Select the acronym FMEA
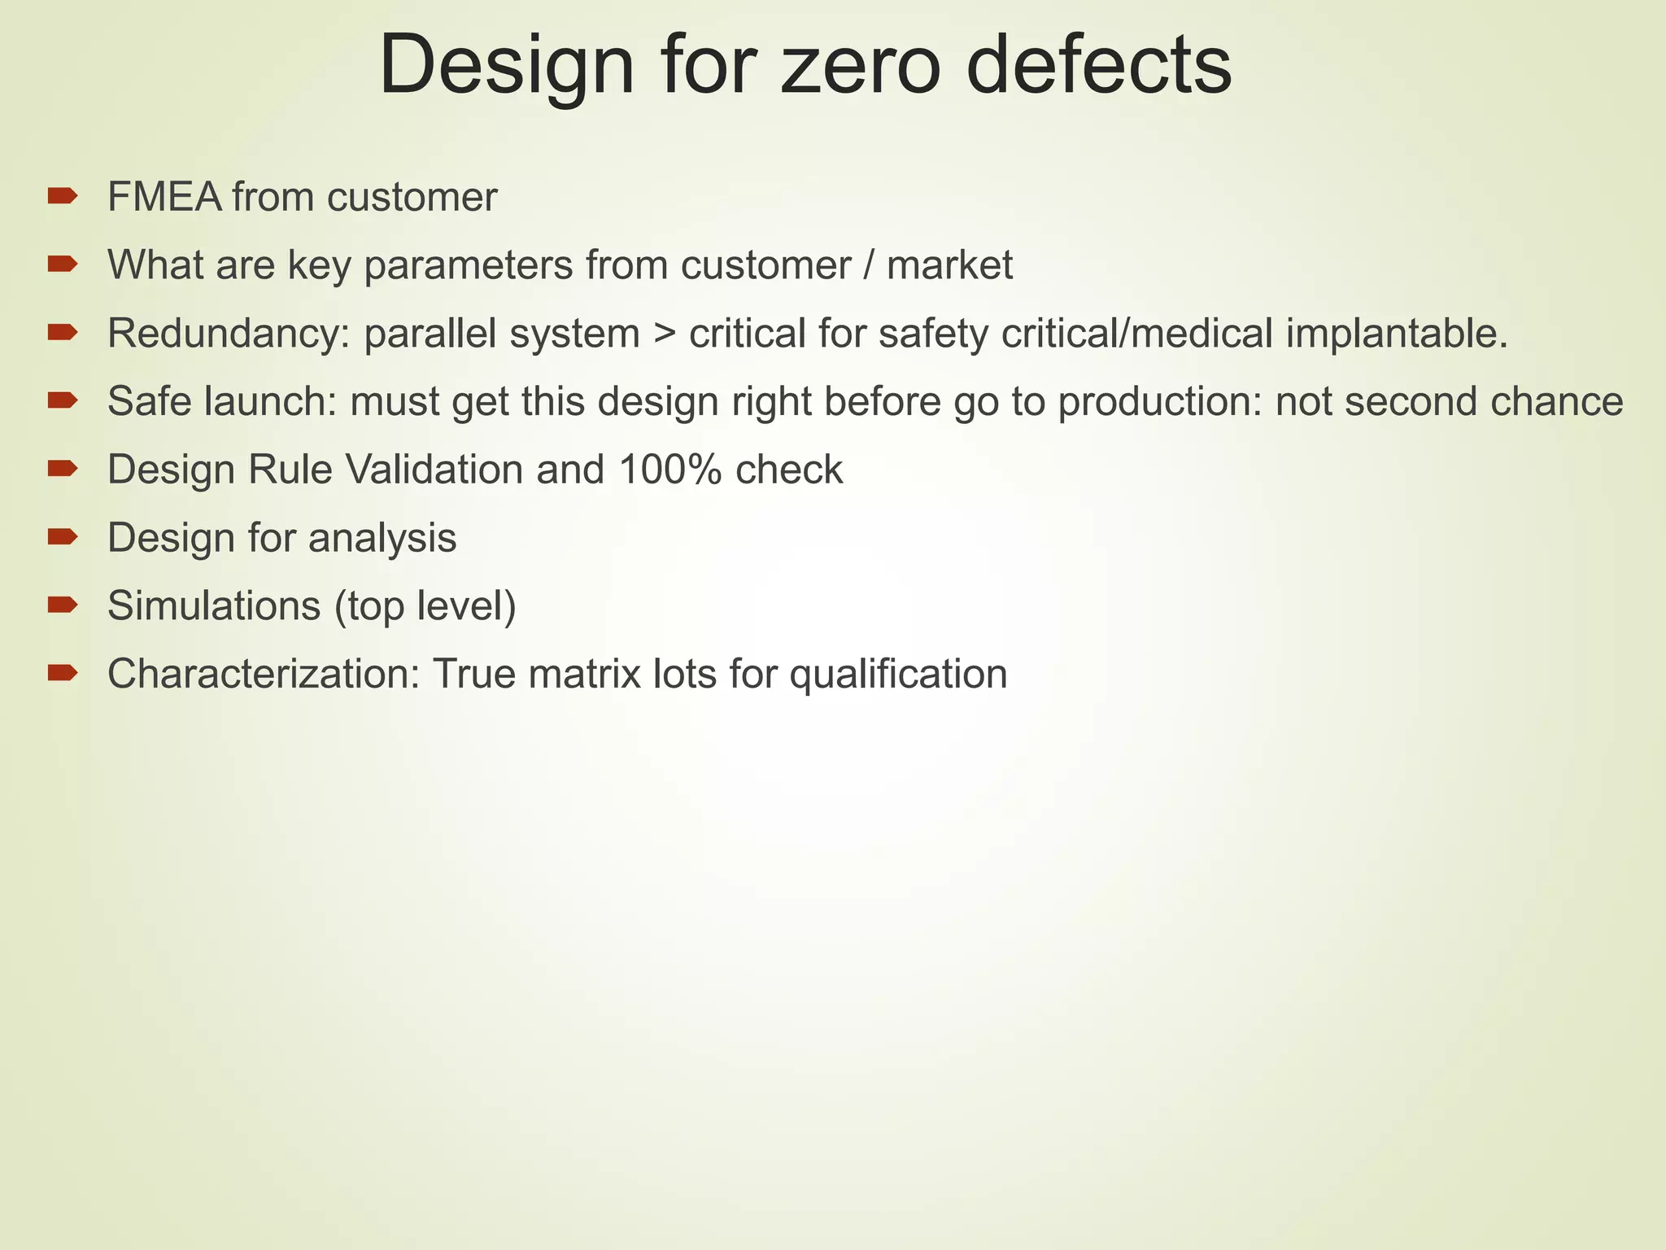click(x=164, y=197)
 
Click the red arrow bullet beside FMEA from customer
click(x=62, y=195)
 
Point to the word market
click(x=949, y=265)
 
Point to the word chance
click(x=1556, y=402)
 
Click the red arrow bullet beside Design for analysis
click(x=62, y=536)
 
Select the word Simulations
click(x=212, y=606)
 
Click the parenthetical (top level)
click(x=425, y=607)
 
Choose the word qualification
click(x=898, y=675)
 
